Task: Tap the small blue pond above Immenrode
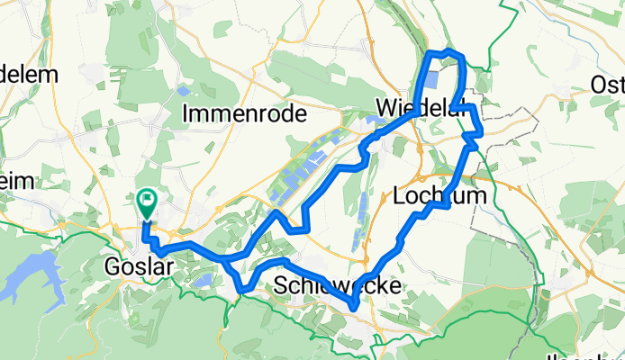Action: pos(185,90)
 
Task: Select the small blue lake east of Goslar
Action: pos(204,280)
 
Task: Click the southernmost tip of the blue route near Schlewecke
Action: pos(354,309)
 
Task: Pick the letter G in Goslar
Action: pos(112,267)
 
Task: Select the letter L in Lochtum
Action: pos(400,196)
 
